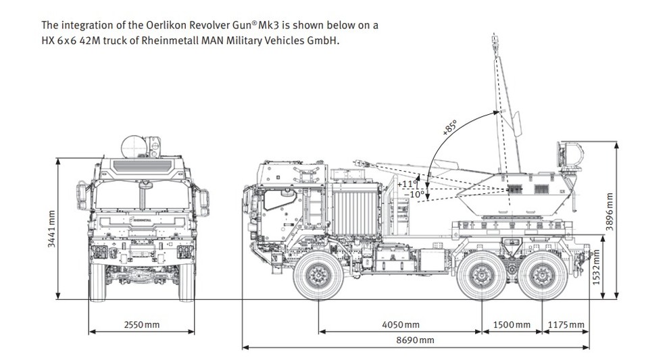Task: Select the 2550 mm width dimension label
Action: point(142,325)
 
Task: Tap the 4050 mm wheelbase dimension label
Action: point(400,325)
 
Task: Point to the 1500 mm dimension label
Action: point(512,325)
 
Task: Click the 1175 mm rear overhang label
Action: point(566,325)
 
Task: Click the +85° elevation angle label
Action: point(450,128)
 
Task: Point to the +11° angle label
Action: point(408,184)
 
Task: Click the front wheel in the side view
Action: point(318,274)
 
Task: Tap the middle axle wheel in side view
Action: point(481,275)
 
